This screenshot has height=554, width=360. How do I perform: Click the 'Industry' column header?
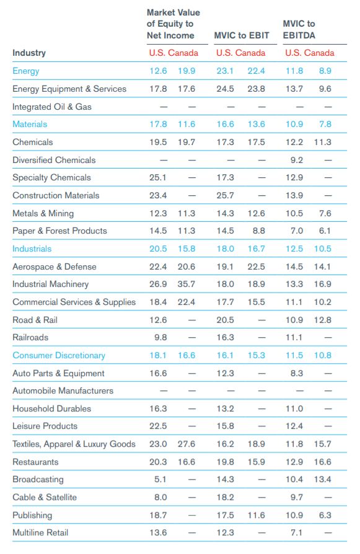(29, 53)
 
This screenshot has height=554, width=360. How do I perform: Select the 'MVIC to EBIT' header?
(242, 35)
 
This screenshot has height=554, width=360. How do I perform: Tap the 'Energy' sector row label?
(26, 71)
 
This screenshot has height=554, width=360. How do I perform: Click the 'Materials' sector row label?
(30, 124)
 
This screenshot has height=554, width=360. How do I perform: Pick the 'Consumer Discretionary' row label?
(59, 356)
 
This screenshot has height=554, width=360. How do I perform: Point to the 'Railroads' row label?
(30, 337)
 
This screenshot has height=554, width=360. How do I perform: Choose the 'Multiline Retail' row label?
(40, 533)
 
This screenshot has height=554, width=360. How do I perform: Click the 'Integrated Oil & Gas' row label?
(52, 107)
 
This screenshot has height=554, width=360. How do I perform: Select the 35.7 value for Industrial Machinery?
(186, 284)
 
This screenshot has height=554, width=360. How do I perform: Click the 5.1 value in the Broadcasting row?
(160, 480)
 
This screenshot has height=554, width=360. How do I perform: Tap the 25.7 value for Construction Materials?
(225, 195)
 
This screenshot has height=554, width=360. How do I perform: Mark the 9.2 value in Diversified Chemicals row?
(297, 160)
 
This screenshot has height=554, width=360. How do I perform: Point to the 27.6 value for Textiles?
(186, 444)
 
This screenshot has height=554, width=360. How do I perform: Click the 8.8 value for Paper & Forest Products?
(258, 231)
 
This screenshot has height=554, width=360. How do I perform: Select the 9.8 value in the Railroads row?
(160, 337)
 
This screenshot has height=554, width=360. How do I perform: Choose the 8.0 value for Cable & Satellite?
(160, 498)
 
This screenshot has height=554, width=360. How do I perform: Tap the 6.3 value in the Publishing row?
(325, 515)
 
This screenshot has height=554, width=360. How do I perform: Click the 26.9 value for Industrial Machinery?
(158, 284)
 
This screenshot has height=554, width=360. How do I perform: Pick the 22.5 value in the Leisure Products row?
(158, 426)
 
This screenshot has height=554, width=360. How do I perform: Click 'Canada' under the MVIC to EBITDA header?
(319, 53)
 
